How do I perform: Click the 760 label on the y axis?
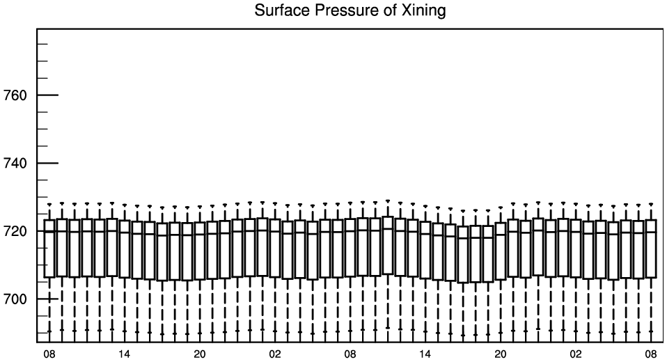[15, 95]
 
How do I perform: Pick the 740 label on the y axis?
[15, 164]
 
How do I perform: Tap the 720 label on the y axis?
[15, 231]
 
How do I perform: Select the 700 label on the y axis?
[15, 299]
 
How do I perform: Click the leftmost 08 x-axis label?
[49, 354]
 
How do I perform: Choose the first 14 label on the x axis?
[124, 354]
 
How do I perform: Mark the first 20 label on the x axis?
[200, 354]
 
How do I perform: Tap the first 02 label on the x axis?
[275, 354]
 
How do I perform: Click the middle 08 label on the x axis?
[350, 354]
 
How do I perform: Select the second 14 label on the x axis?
[425, 354]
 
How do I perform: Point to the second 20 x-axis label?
[500, 354]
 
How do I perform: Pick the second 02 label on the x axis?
[576, 354]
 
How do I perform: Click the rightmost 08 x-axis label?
[651, 354]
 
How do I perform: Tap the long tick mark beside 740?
[47, 163]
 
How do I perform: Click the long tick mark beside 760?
[47, 95]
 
